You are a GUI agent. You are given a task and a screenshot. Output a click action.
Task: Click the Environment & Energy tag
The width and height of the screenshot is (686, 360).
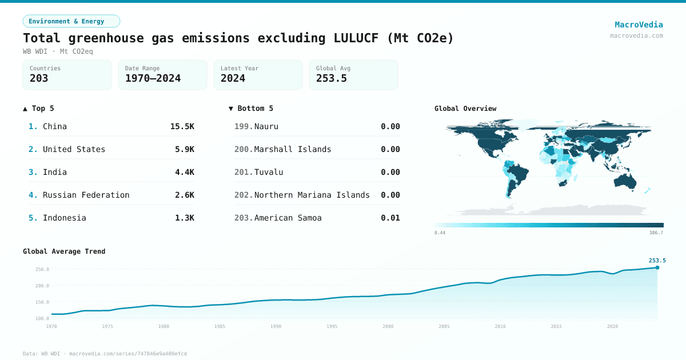pyautogui.click(x=71, y=21)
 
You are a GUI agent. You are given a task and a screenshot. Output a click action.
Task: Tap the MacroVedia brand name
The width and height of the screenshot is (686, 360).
pyautogui.click(x=639, y=25)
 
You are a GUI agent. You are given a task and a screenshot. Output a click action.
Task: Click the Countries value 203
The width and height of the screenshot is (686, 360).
pyautogui.click(x=39, y=78)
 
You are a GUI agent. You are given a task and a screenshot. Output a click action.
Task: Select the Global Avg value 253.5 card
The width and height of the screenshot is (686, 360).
pyautogui.click(x=353, y=75)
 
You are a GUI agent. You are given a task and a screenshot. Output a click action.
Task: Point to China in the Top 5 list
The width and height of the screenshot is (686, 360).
pyautogui.click(x=55, y=126)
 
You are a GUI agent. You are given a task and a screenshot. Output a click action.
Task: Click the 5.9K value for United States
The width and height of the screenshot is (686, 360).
pyautogui.click(x=184, y=149)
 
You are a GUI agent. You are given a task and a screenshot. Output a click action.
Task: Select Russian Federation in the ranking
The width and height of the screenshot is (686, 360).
pyautogui.click(x=86, y=195)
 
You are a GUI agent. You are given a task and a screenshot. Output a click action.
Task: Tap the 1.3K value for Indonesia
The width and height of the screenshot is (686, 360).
pyautogui.click(x=184, y=218)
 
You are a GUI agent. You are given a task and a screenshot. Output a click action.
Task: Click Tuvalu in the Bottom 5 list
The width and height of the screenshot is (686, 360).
pyautogui.click(x=269, y=172)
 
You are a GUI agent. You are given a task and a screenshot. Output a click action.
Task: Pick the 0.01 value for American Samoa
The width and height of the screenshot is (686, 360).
pyautogui.click(x=390, y=218)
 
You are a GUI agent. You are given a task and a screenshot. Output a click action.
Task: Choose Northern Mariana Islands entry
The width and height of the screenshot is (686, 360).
pyautogui.click(x=312, y=195)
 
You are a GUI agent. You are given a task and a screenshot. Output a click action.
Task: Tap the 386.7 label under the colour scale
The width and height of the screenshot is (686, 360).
pyautogui.click(x=656, y=233)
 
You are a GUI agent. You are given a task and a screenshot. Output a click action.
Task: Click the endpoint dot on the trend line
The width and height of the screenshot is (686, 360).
pyautogui.click(x=657, y=267)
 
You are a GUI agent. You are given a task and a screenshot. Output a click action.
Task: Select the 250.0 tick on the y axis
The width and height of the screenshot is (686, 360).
pyautogui.click(x=42, y=269)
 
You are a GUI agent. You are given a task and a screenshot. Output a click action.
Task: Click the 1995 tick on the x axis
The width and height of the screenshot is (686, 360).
pyautogui.click(x=332, y=326)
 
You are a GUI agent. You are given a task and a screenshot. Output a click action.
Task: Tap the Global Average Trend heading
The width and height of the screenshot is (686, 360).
pyautogui.click(x=64, y=251)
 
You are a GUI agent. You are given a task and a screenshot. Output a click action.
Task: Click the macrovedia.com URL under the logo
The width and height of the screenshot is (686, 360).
pyautogui.click(x=636, y=35)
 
